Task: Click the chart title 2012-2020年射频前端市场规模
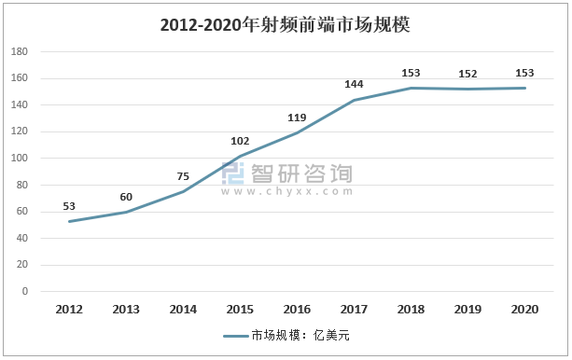[x=286, y=25]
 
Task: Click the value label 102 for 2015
[x=240, y=141]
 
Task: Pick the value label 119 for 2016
[x=297, y=118]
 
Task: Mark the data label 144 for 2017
[x=354, y=84]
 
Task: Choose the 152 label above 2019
[x=467, y=73]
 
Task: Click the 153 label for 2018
[x=411, y=72]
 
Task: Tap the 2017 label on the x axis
[x=354, y=309]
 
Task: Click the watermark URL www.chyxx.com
[x=287, y=192]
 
